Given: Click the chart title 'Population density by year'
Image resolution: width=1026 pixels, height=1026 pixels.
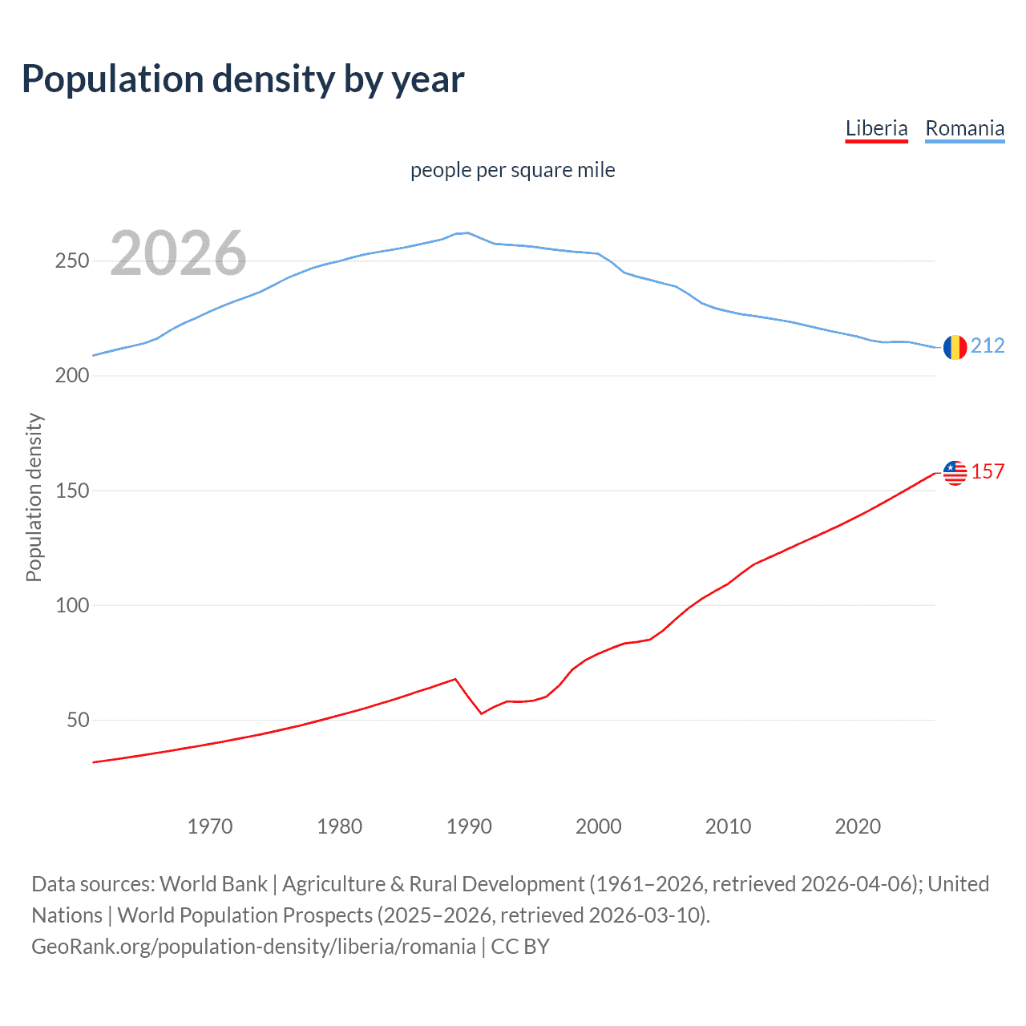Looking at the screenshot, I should [x=243, y=79].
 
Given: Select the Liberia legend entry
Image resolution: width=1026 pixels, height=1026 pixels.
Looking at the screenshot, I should [x=876, y=128].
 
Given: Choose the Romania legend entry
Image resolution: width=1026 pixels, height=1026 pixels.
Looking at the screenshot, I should [x=964, y=128].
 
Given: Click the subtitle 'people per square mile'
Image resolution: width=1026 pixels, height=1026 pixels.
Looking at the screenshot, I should [x=512, y=170].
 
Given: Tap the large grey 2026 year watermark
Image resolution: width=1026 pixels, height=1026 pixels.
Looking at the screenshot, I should [x=178, y=253].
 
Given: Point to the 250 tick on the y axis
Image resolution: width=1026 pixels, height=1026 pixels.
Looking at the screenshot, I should [x=72, y=261].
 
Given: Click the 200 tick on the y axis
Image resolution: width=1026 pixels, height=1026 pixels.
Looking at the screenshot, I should [x=72, y=376].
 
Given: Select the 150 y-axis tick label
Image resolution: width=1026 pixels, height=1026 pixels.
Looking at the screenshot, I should [x=72, y=491].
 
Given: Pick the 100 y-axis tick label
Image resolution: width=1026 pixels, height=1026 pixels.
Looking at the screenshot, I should [x=72, y=605].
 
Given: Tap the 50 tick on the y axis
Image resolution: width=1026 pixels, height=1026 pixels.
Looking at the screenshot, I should [x=78, y=720].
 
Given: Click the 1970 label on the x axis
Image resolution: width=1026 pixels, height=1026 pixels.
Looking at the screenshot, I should [x=210, y=826].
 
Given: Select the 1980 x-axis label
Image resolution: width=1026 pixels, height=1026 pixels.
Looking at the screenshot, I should [x=339, y=826].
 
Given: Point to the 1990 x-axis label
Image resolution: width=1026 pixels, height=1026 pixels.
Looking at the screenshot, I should [x=469, y=826].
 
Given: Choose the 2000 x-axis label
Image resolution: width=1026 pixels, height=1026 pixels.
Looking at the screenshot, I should [x=599, y=826].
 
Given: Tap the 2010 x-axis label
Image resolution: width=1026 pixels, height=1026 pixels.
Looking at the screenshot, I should [x=728, y=826].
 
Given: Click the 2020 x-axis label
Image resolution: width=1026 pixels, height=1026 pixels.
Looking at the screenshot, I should [x=858, y=826].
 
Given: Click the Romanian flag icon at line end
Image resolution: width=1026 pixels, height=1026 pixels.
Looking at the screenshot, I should [x=955, y=347].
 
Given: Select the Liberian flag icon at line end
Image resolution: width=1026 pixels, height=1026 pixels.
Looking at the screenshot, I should [x=955, y=473].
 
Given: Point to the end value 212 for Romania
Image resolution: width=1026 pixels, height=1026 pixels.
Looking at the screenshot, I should [x=988, y=345].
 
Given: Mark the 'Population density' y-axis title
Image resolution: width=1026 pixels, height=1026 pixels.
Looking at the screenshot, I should [x=34, y=497].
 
